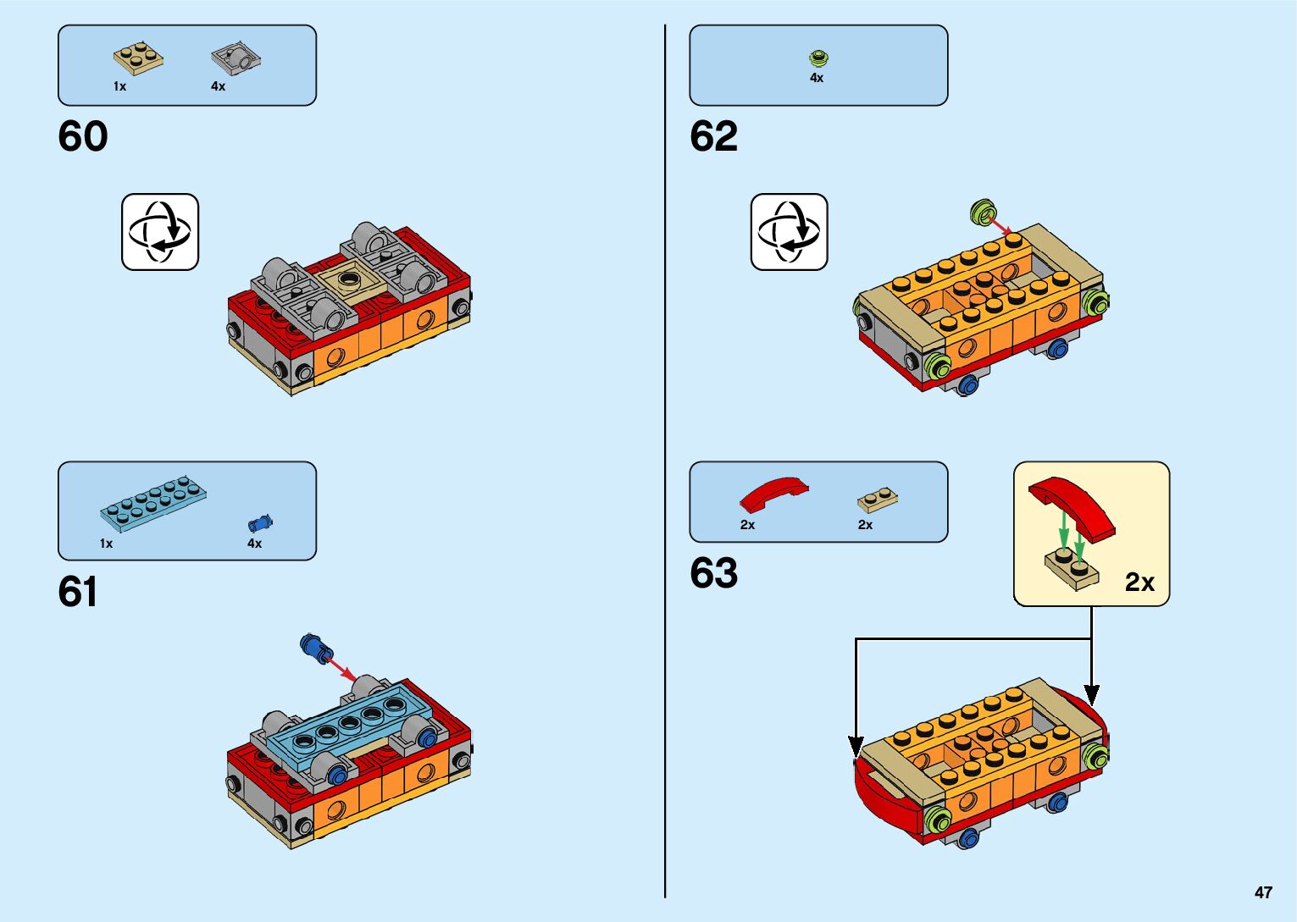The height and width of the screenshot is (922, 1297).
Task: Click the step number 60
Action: pos(83,136)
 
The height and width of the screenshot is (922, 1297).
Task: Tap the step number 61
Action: pos(77,592)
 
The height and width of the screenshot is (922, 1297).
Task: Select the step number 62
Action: pos(713,136)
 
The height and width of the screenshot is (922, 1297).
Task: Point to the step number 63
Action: pos(713,573)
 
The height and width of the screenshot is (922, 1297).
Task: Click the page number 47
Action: pos(1263,892)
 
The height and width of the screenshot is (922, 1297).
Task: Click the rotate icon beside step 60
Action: pos(160,232)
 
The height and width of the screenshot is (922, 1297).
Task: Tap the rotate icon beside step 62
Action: pos(789,232)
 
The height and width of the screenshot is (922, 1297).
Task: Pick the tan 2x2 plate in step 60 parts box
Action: pos(138,58)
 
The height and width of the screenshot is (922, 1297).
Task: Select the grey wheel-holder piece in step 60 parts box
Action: pos(236,58)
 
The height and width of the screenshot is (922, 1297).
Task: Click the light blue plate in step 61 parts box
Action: pos(153,504)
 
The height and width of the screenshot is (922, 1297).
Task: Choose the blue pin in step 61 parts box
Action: pos(260,523)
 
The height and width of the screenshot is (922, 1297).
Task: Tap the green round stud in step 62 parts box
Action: pos(818,58)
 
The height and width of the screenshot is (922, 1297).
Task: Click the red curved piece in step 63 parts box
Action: pos(773,492)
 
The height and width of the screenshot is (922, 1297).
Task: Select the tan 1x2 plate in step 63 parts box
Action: pos(878,500)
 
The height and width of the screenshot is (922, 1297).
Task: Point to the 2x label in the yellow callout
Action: pos(1139,582)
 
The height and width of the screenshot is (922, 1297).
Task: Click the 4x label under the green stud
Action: pos(817,78)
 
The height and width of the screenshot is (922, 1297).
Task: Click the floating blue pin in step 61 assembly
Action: pos(314,647)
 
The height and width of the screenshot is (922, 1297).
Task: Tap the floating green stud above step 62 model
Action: pos(982,212)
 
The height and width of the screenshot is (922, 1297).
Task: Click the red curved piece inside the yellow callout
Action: pos(1072,505)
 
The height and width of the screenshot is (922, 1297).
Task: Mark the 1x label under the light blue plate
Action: pos(106,544)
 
